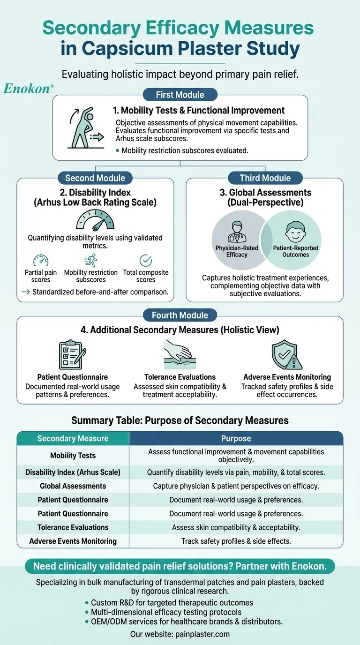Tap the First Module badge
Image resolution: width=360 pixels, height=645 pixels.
tap(180, 95)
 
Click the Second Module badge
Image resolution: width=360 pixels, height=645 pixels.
tap(95, 178)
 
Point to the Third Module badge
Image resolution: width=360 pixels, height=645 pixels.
tap(265, 178)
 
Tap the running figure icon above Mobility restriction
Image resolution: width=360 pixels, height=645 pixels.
tap(90, 260)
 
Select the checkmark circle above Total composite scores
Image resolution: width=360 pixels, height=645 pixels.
tap(146, 260)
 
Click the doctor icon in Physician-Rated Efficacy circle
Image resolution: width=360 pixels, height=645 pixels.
tap(237, 232)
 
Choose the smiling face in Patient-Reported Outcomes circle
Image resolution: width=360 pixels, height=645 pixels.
tap(295, 232)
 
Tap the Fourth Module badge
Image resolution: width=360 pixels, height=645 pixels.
tap(180, 315)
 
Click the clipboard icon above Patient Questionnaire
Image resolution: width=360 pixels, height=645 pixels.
tap(72, 355)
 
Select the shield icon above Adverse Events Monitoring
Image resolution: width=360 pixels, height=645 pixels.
tap(287, 355)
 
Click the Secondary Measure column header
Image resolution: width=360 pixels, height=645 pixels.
tap(73, 439)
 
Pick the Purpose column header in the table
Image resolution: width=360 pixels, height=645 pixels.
tap(236, 439)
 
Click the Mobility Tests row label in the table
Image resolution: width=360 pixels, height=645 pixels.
tap(73, 455)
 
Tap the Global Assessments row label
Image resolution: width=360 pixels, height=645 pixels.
tap(73, 486)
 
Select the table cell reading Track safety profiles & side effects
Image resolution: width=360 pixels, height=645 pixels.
tap(236, 541)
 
